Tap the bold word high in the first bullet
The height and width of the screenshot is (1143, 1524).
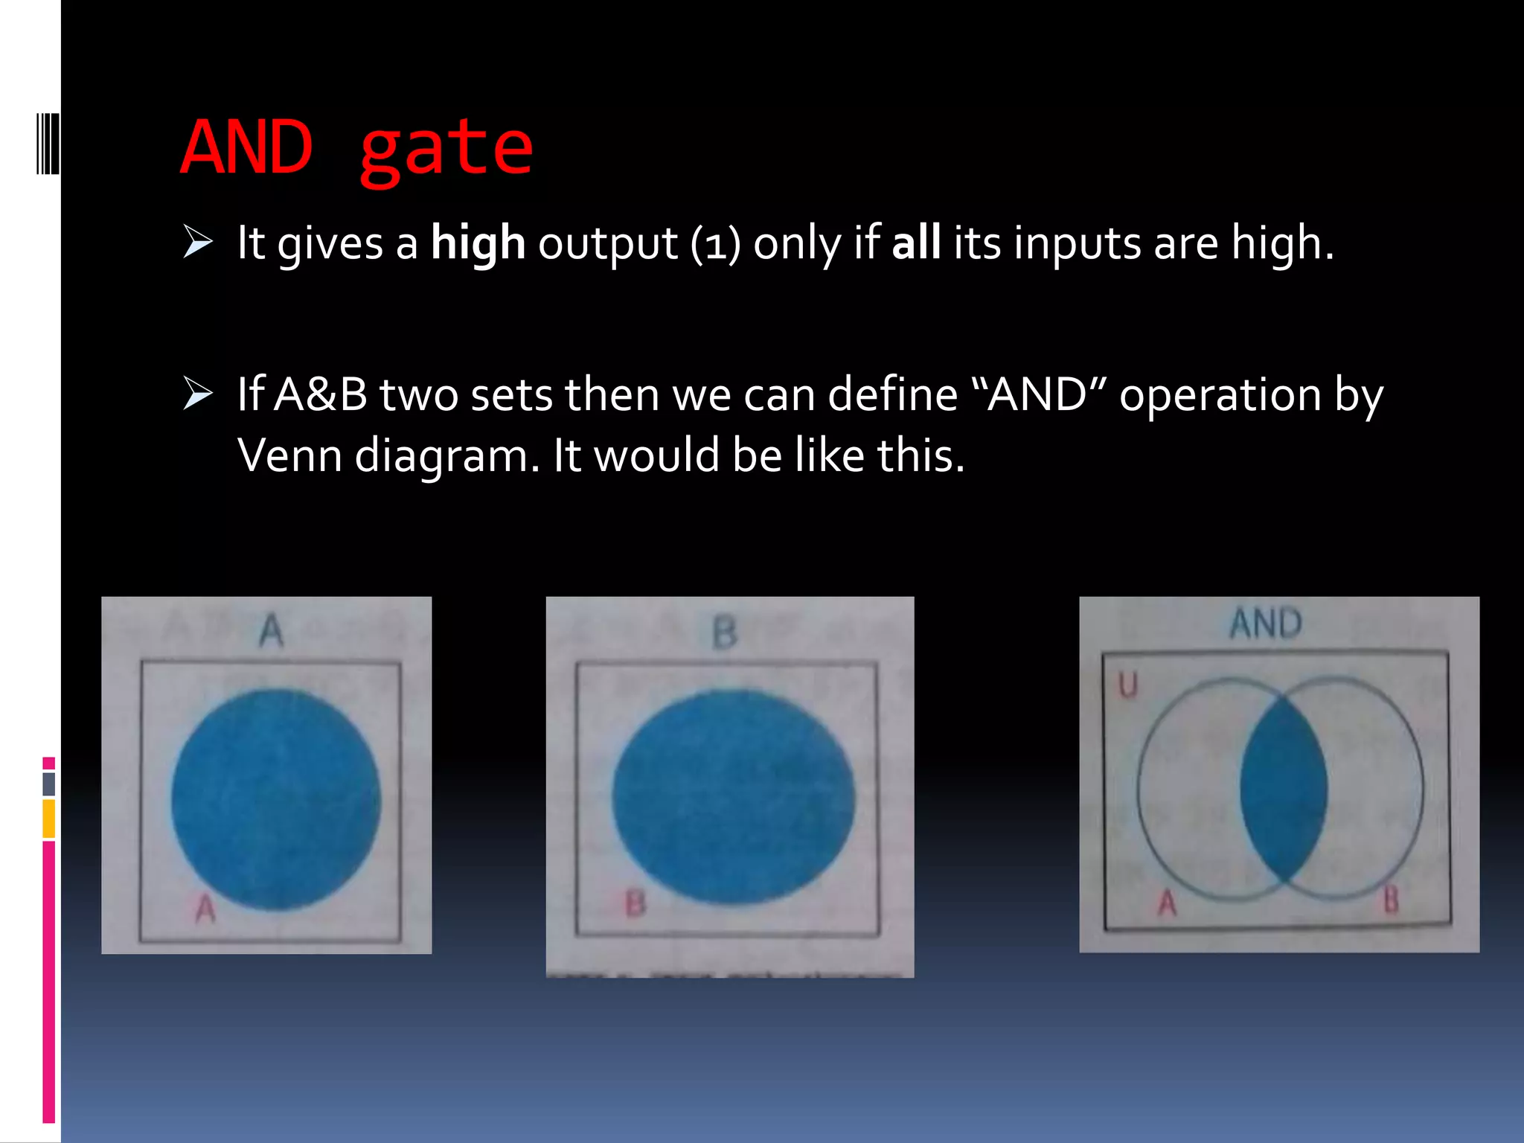pyautogui.click(x=478, y=243)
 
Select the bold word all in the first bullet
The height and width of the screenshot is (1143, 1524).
pyautogui.click(x=916, y=243)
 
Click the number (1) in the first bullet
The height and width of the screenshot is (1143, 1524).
pyautogui.click(x=715, y=245)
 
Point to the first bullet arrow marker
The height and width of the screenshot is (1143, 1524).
pyautogui.click(x=198, y=243)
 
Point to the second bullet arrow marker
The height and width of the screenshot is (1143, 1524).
pyautogui.click(x=198, y=394)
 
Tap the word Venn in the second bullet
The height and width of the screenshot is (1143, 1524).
pyautogui.click(x=289, y=455)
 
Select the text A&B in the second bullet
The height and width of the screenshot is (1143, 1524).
pyautogui.click(x=321, y=394)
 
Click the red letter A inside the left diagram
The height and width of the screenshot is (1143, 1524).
pyautogui.click(x=205, y=909)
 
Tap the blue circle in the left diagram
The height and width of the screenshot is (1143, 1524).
pyautogui.click(x=275, y=800)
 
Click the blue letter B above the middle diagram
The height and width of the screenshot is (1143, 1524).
pyautogui.click(x=724, y=634)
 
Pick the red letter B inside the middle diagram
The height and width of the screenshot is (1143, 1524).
pyautogui.click(x=635, y=904)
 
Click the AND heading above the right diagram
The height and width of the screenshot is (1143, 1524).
pyautogui.click(x=1266, y=624)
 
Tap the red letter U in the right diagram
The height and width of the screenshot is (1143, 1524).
pyautogui.click(x=1128, y=685)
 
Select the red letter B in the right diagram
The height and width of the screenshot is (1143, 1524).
pyautogui.click(x=1390, y=900)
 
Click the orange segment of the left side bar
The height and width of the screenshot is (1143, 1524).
pyautogui.click(x=48, y=818)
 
